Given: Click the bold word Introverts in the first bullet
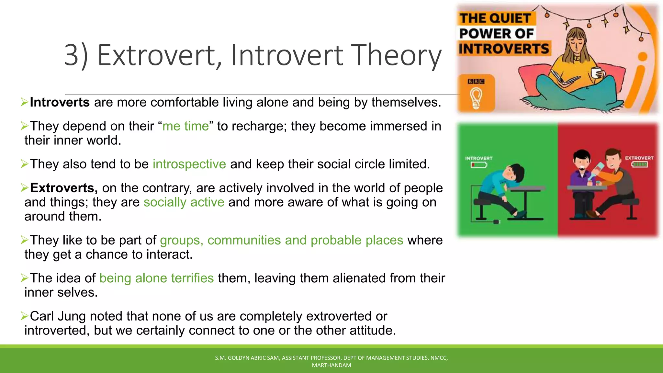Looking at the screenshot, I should coord(60,102).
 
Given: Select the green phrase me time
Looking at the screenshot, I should coord(185,126).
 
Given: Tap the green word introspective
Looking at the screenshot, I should coord(189,164).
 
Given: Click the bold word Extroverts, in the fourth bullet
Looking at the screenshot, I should coord(64,188).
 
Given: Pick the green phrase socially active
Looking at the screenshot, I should coord(184,202).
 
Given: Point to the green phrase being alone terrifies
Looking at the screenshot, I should coord(156,278).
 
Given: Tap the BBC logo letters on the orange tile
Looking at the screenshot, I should coord(476,82).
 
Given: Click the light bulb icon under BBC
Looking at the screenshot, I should coord(476,98).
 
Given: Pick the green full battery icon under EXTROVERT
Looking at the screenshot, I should coord(639,164).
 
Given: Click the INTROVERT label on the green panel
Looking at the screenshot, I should coord(478,158).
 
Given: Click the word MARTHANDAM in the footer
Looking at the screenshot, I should coord(331,365).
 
